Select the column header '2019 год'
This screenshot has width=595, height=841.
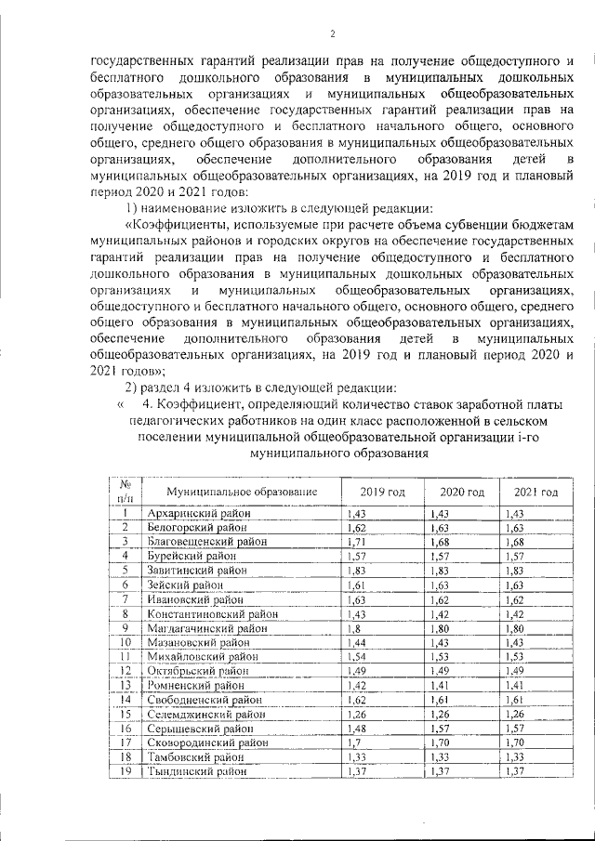(x=382, y=492)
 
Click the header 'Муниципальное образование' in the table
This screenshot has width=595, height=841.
(x=242, y=492)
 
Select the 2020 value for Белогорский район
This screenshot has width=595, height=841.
(x=440, y=527)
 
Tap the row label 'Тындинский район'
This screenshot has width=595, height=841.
(x=197, y=771)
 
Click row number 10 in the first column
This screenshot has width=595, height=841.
(x=124, y=642)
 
